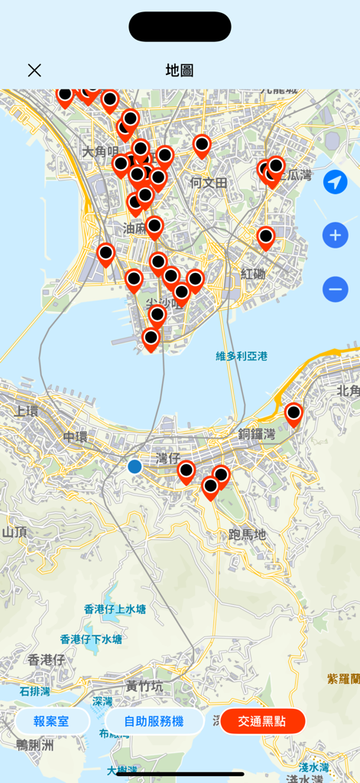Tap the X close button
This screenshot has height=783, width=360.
[34, 70]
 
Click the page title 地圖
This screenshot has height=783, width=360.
[180, 70]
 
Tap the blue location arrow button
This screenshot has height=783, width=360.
[335, 182]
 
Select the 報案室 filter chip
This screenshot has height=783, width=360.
[52, 721]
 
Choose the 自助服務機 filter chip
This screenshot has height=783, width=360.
[154, 721]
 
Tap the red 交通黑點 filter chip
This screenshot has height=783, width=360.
[262, 721]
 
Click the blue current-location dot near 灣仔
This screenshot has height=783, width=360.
[135, 466]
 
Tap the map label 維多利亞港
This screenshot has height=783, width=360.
[242, 356]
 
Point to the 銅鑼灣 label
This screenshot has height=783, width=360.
[256, 434]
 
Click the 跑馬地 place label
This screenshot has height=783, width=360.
[248, 534]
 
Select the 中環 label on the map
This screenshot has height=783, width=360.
[76, 437]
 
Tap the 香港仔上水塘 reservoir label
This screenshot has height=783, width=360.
[115, 609]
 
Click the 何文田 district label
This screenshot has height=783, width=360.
[209, 183]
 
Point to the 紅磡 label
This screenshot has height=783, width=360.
[253, 274]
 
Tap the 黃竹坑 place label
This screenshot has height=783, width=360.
[144, 686]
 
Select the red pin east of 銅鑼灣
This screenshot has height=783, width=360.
[294, 414]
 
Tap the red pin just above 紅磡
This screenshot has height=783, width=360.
[265, 238]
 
